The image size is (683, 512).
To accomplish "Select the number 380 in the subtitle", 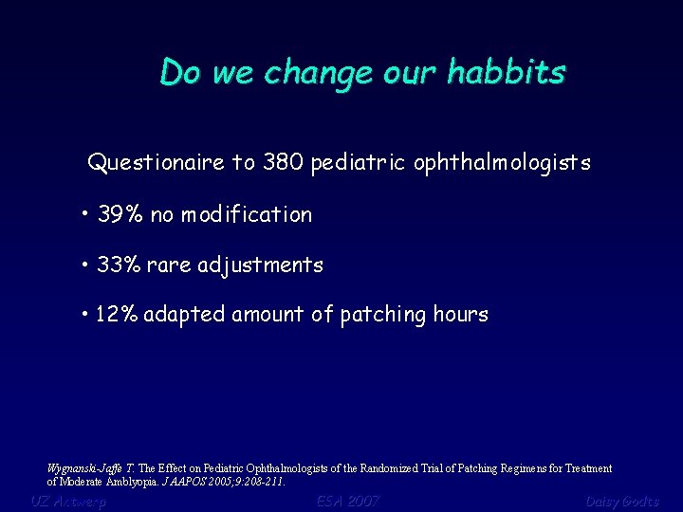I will (x=283, y=163).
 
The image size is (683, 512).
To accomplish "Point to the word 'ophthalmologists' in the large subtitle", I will (x=502, y=164).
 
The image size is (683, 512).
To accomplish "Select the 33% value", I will (x=119, y=265).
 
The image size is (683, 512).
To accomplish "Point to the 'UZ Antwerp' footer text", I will (x=67, y=501).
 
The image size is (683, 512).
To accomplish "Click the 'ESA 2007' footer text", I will (x=348, y=501).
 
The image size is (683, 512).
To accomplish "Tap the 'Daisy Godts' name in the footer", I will (x=621, y=501).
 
